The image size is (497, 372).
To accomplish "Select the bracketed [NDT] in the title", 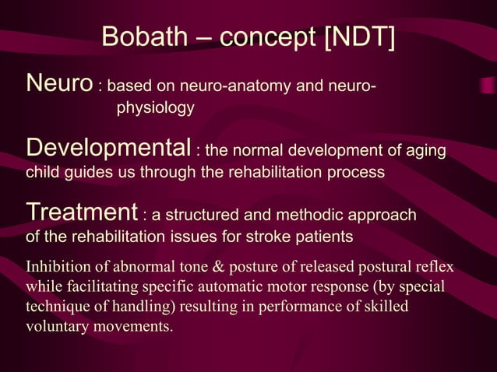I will pyautogui.click(x=361, y=37).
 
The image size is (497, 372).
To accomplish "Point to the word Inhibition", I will pyautogui.click(x=58, y=268).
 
